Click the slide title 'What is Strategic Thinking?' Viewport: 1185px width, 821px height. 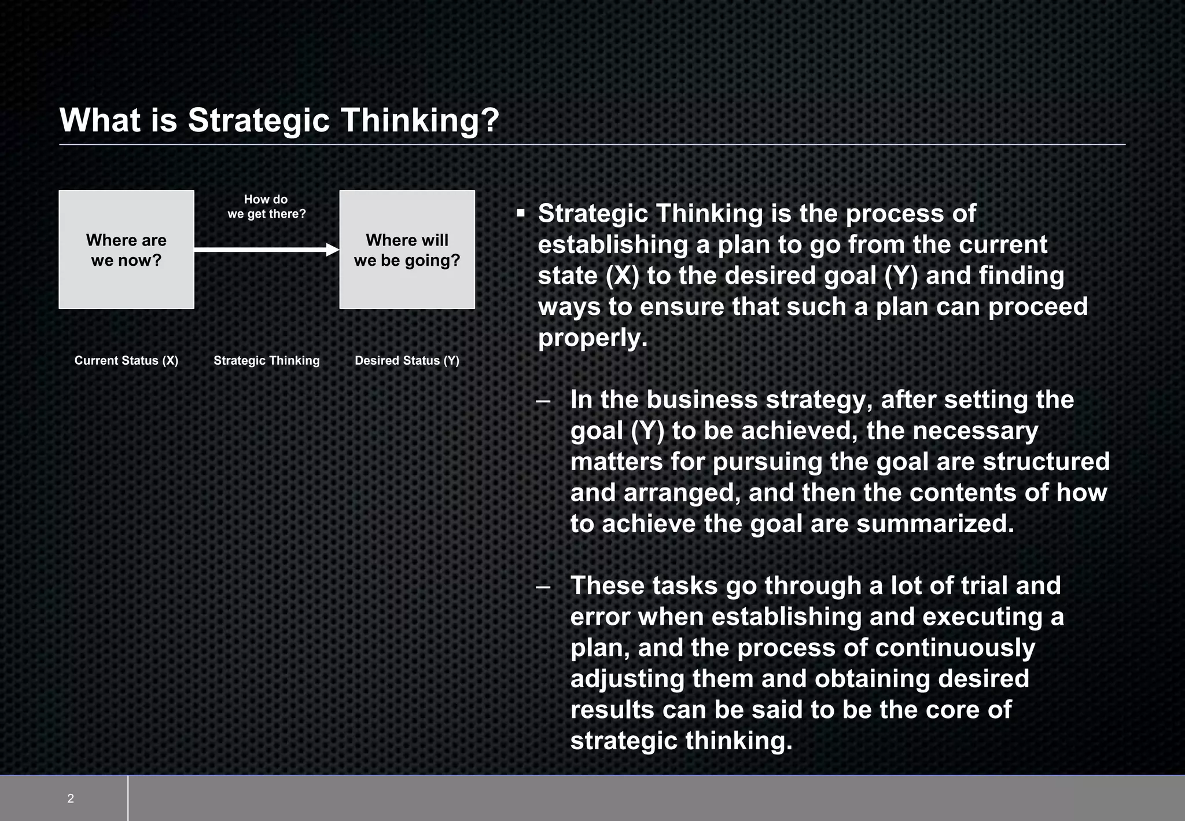click(x=279, y=120)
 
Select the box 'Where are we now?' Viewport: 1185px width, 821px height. click(x=126, y=250)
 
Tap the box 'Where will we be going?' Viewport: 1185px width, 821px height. click(x=407, y=250)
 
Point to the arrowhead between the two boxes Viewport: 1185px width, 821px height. click(x=333, y=250)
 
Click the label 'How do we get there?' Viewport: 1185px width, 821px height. click(x=266, y=207)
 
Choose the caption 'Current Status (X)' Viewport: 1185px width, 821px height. click(x=126, y=361)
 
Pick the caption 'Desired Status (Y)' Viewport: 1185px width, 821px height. click(x=407, y=361)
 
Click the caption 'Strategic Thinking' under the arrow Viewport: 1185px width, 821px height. click(x=266, y=361)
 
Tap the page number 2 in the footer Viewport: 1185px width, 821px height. click(x=71, y=799)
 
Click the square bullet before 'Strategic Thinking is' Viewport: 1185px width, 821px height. click(x=520, y=214)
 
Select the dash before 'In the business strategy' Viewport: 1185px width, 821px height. click(x=543, y=401)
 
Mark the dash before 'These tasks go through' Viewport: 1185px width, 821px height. click(x=543, y=587)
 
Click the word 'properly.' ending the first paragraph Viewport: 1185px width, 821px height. click(x=592, y=338)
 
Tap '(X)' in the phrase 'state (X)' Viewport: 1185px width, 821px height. click(x=622, y=276)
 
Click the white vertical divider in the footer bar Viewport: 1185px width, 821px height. click(x=128, y=798)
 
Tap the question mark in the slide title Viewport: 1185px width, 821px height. click(x=490, y=120)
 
